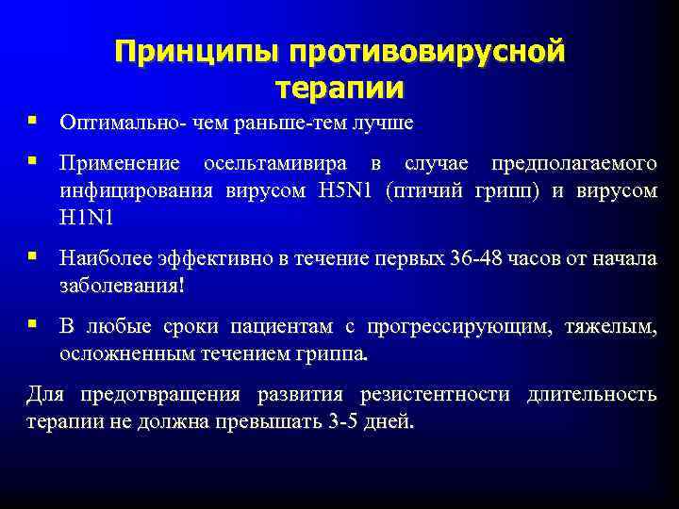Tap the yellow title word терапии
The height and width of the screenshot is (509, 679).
pyautogui.click(x=339, y=88)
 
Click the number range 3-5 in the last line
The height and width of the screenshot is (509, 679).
pyautogui.click(x=355, y=421)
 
